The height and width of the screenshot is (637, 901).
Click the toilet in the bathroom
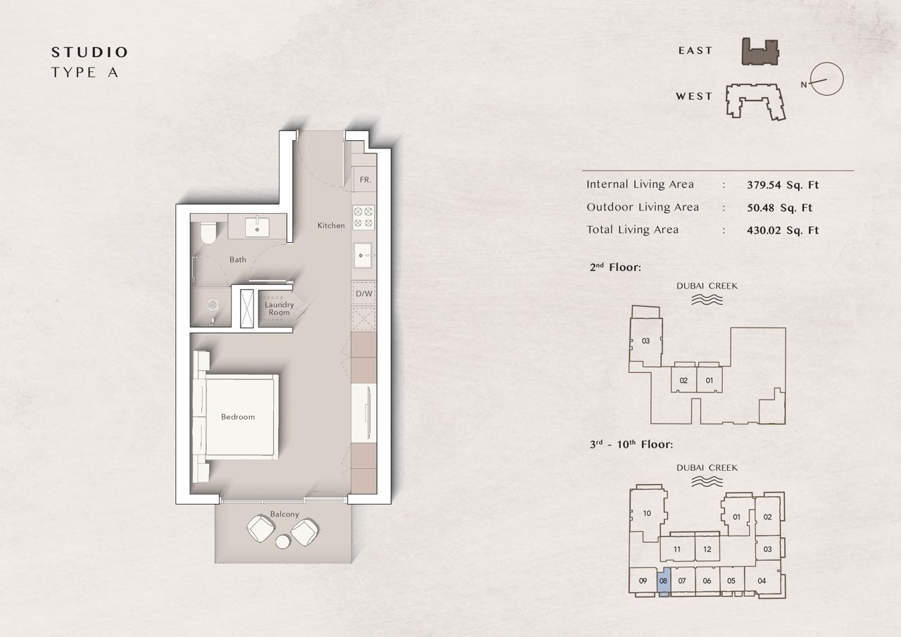tap(208, 232)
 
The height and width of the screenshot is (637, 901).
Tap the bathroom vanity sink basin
tap(258, 227)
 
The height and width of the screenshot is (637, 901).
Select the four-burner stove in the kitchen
tap(364, 217)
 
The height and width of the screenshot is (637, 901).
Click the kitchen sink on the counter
tap(363, 255)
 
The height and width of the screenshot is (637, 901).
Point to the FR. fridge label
tap(365, 179)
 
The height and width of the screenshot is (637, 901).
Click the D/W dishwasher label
tap(364, 294)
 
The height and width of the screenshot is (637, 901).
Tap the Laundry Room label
tap(279, 308)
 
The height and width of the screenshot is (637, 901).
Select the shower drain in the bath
tap(213, 305)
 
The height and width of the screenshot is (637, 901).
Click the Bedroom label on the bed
tap(238, 417)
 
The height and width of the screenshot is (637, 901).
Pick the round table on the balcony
tap(283, 541)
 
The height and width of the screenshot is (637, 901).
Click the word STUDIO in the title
tap(89, 52)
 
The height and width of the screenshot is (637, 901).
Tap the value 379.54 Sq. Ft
tap(783, 185)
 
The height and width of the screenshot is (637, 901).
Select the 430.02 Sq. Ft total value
tap(783, 230)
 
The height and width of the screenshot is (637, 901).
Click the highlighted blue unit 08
tap(663, 581)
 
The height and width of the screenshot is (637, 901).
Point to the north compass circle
tap(826, 79)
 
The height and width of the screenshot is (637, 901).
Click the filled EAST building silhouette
tap(760, 52)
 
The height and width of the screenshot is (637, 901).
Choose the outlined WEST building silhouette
tap(755, 102)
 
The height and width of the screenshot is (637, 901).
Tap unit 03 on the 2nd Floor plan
tap(645, 341)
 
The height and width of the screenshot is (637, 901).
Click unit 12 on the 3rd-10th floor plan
tap(707, 549)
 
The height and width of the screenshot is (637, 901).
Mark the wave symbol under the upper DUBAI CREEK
tap(707, 300)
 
